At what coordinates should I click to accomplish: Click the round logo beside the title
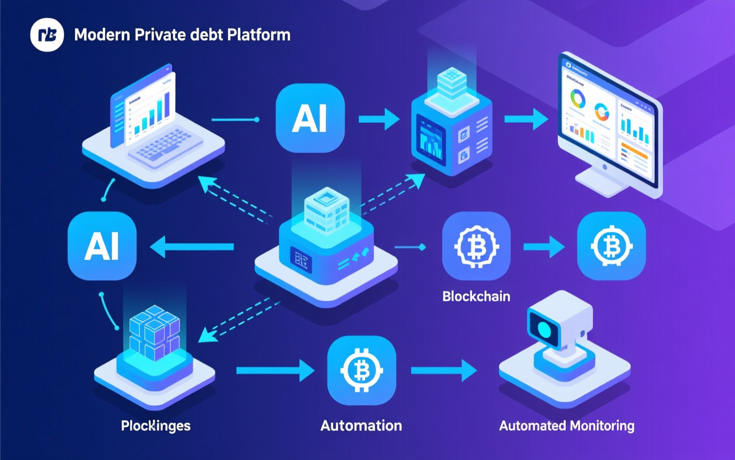coord(47,35)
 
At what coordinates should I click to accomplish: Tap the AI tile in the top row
coord(310,118)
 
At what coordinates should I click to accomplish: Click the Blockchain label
coord(476,296)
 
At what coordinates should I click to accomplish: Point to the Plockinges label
coord(156,426)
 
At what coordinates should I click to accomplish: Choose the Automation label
coord(361,426)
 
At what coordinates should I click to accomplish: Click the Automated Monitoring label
coord(566,426)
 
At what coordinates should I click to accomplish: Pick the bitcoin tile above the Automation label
coord(361,370)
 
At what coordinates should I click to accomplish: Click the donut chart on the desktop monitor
coord(578,99)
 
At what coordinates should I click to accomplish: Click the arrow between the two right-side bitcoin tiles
coord(544,247)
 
